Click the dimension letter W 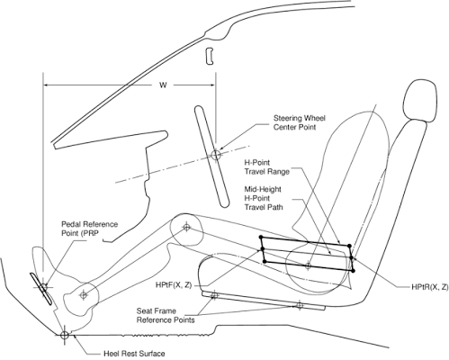click(163, 85)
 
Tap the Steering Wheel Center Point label click(300, 122)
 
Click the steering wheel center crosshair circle click(216, 155)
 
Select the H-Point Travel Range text click(266, 167)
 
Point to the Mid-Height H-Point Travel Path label click(264, 198)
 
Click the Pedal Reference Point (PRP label click(89, 229)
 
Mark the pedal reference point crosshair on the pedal click(43, 287)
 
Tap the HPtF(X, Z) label click(174, 285)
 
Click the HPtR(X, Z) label click(430, 287)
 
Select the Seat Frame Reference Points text click(166, 315)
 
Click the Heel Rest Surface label click(134, 354)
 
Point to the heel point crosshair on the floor click(65, 335)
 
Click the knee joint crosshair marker click(186, 227)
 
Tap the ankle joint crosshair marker click(84, 295)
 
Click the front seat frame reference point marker click(214, 296)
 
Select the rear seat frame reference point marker click(300, 305)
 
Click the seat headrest click(420, 100)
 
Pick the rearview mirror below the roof click(209, 56)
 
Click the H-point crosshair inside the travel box click(308, 265)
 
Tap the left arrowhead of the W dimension click(46, 85)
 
